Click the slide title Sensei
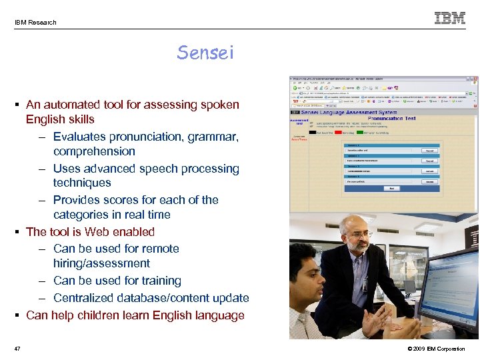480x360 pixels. (x=205, y=53)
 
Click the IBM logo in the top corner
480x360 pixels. (x=450, y=18)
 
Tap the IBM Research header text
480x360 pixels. (x=35, y=22)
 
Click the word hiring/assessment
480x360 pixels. (x=101, y=263)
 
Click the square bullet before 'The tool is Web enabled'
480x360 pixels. (x=19, y=232)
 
